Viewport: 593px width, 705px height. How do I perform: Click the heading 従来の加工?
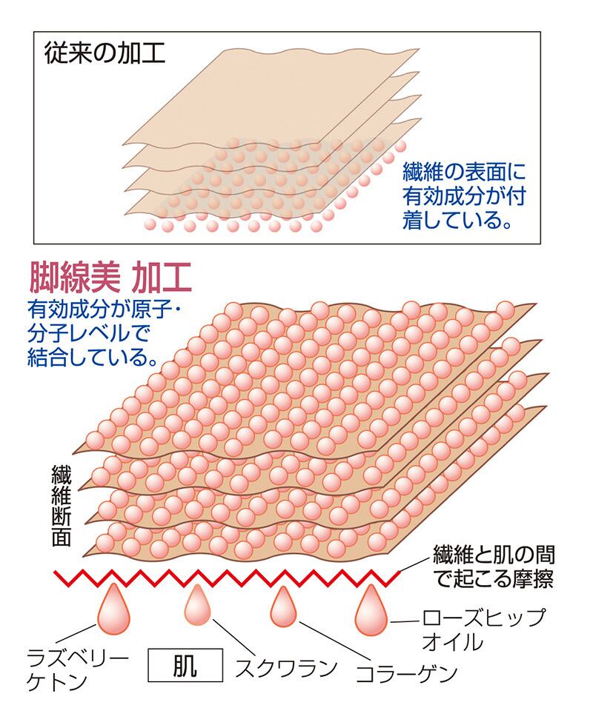pyautogui.click(x=104, y=55)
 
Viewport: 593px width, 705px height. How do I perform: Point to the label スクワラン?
pyautogui.click(x=286, y=667)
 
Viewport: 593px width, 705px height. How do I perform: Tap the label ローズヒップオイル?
pyautogui.click(x=483, y=629)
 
